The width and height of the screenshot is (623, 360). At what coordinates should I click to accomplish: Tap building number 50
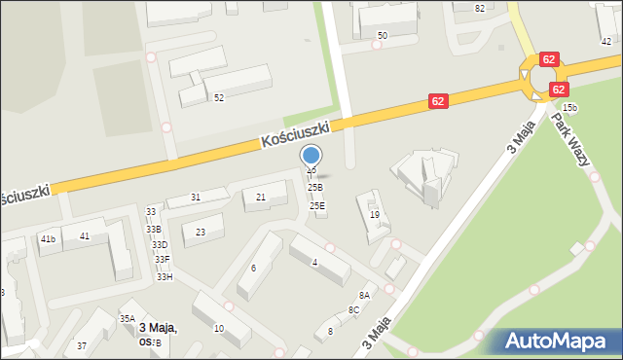point(383,36)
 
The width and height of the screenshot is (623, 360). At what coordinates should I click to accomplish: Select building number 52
point(219,98)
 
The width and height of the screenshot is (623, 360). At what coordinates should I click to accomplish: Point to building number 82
point(479,8)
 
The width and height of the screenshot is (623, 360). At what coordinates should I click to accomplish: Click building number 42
point(606,41)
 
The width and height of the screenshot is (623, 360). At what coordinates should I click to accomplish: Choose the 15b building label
point(569,108)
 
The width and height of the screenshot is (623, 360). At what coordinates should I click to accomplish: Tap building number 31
point(196,198)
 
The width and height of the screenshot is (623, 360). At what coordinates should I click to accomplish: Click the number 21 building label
point(260,198)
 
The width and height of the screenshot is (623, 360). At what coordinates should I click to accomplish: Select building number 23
point(201,232)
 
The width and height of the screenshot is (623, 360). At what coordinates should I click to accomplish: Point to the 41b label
point(48,238)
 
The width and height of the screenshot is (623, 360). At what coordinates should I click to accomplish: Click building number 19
point(374,215)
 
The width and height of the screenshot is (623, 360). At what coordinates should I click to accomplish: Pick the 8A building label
point(364,295)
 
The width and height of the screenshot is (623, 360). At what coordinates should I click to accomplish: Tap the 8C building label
point(353,310)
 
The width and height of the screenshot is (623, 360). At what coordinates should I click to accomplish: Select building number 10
point(218,329)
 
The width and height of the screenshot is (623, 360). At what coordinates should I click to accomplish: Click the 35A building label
point(128,318)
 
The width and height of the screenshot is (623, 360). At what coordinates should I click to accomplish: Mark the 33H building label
point(165,277)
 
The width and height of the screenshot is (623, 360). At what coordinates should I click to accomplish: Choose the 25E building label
point(317,206)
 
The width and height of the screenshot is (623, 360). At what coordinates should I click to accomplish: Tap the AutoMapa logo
point(560,342)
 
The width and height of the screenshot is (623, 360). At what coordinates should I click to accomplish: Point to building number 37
point(82,346)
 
